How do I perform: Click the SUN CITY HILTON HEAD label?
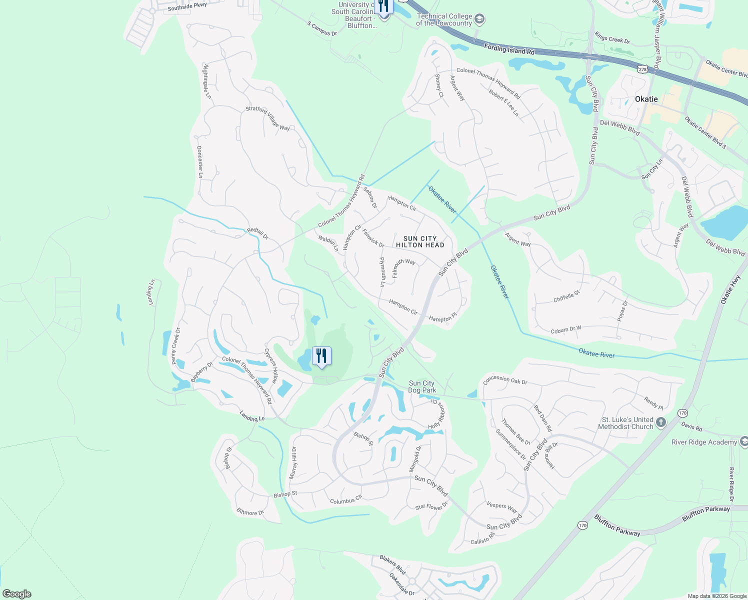point(420,242)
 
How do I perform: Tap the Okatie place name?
point(646,99)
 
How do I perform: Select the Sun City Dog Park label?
point(421,386)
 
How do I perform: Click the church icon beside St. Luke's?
point(661,422)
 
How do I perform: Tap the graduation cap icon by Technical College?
point(479,19)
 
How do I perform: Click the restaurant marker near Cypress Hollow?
point(321,356)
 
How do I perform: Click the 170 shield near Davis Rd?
point(683,413)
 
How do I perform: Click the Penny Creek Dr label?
point(175,346)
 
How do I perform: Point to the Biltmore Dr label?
point(250,512)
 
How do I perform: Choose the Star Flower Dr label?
point(431,506)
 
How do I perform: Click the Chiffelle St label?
point(566,296)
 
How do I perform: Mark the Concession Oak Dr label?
point(505,380)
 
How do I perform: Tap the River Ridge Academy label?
point(704,442)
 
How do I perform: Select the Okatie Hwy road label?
point(731,289)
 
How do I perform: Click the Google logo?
point(17,594)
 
